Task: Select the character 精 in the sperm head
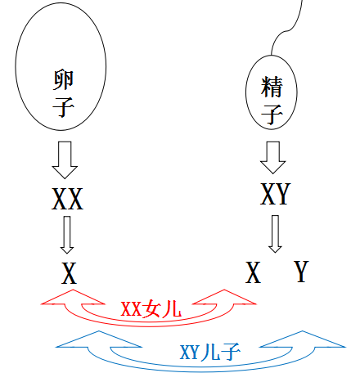[272, 85]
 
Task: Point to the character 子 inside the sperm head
[272, 113]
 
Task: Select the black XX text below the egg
[67, 199]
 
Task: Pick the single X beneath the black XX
[69, 274]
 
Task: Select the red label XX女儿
[151, 310]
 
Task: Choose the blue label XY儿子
[209, 353]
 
